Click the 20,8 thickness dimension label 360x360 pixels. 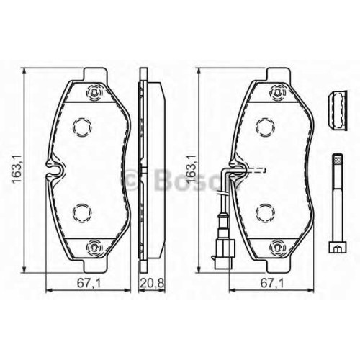152,284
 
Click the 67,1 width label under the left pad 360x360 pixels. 89,284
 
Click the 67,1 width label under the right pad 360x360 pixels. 272,284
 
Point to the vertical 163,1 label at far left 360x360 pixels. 17,170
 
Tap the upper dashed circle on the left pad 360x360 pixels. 82,127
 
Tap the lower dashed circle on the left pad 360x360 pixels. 82,213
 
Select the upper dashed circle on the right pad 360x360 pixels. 266,127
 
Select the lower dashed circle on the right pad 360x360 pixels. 266,213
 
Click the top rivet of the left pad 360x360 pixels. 94,92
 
